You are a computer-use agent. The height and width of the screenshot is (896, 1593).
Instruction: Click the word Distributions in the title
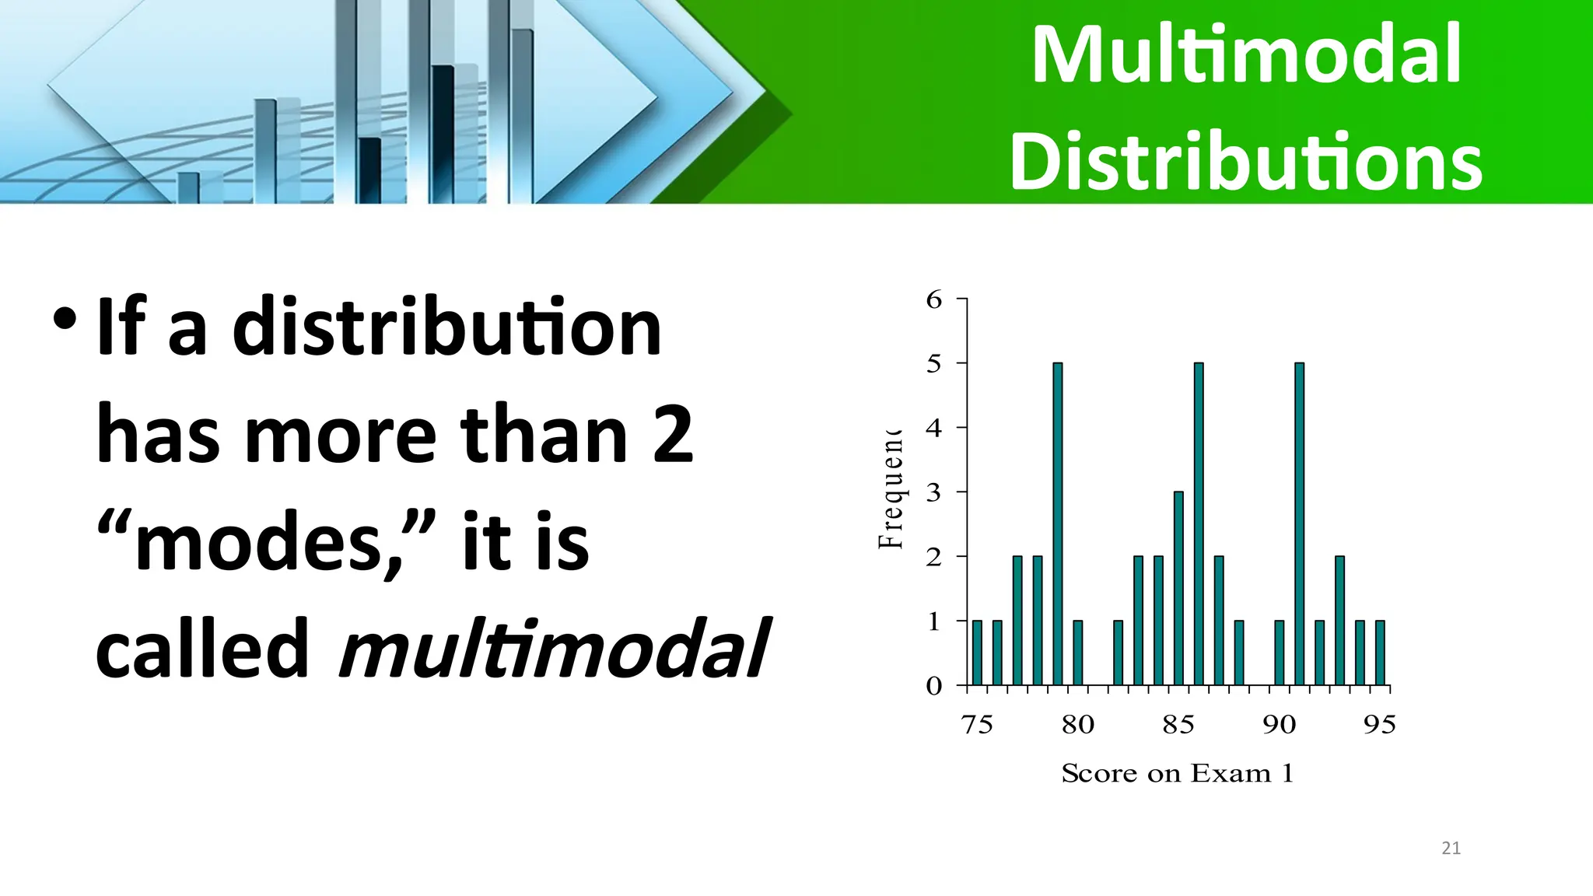1246,162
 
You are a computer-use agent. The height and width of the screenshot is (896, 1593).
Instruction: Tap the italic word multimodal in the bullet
554,649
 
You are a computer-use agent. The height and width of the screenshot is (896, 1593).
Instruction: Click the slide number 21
1451,848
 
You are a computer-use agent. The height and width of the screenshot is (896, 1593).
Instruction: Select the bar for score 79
1058,523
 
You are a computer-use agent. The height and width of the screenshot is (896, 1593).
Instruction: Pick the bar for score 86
1199,523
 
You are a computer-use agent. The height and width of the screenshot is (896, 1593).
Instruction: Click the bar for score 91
1299,523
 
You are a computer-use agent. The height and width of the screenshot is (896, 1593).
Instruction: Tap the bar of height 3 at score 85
1178,588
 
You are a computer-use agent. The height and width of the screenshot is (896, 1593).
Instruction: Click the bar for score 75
977,653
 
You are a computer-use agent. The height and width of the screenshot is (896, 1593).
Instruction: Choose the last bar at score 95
1380,653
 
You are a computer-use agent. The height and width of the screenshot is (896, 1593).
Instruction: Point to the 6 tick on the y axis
934,299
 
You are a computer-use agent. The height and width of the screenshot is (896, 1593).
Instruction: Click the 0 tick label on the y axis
934,686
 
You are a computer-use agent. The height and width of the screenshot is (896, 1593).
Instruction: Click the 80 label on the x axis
1078,725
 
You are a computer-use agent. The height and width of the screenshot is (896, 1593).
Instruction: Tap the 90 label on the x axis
1279,725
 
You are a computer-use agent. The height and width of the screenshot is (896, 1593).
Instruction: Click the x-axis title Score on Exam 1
1177,773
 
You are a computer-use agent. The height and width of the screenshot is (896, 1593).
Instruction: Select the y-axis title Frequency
891,490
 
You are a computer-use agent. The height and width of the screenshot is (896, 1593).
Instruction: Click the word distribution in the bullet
447,329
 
